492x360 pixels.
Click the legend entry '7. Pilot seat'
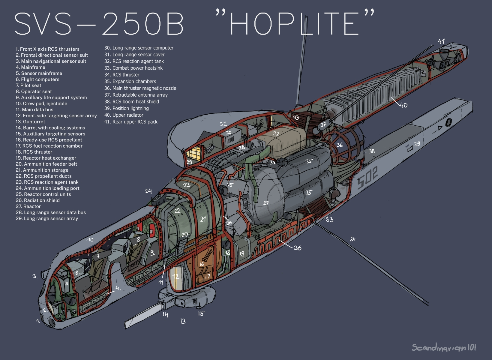coord(28,85)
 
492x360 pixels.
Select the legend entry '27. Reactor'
coord(28,206)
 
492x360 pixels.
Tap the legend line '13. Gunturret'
coord(30,122)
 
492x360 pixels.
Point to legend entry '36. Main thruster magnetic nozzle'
coord(140,88)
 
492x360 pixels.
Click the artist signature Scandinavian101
coord(444,347)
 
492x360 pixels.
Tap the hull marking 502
coord(367,178)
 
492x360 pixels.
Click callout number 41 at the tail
coord(441,41)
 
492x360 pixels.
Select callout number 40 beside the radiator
coord(403,105)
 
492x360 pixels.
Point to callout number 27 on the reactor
coord(266,203)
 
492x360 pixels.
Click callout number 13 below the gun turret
coord(183,321)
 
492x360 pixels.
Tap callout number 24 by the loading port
coord(148,191)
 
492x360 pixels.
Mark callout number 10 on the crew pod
coord(90,240)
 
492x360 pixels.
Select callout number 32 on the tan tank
coord(276,134)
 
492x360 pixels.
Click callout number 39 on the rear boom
coord(417,144)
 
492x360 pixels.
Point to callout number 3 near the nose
coord(35,276)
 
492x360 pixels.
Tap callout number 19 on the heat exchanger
coord(242,254)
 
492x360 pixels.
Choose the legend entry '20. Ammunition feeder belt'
coord(46,164)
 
